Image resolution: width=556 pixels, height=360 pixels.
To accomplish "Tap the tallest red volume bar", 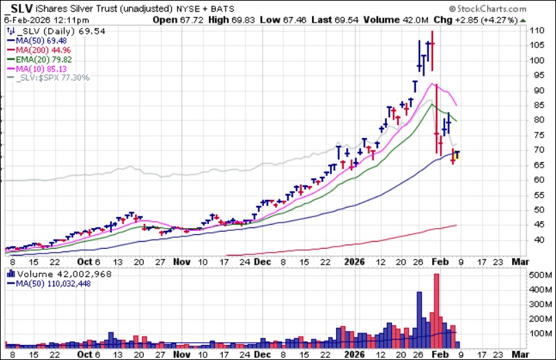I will click(x=436, y=309).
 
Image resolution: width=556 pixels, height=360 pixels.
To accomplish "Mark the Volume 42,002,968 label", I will click(x=54, y=273).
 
